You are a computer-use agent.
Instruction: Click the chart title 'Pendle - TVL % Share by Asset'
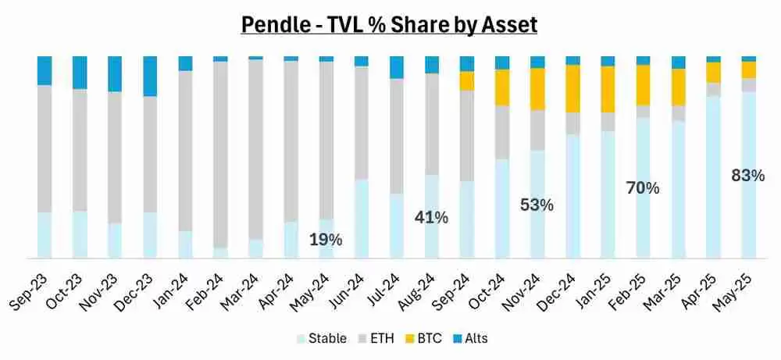click(389, 24)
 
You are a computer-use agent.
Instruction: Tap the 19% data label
click(325, 240)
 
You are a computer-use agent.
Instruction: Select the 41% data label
click(431, 218)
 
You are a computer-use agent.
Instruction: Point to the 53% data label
click(537, 205)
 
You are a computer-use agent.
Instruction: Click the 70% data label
click(643, 187)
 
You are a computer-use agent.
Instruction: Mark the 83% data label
click(748, 176)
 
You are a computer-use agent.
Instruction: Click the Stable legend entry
click(322, 338)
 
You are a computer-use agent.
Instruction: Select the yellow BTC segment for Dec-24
click(573, 88)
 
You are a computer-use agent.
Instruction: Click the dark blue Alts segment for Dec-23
click(150, 76)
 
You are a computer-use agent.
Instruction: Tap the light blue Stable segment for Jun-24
click(361, 219)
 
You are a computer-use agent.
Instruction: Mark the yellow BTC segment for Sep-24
click(467, 80)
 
